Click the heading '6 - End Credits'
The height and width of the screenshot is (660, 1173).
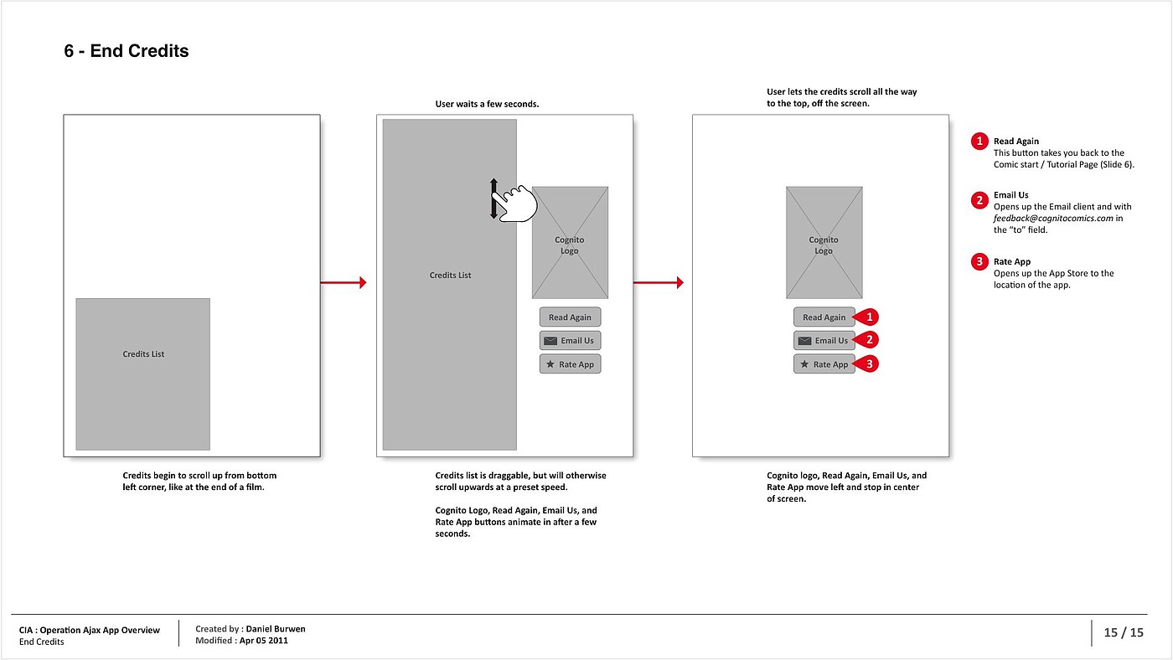pyautogui.click(x=127, y=51)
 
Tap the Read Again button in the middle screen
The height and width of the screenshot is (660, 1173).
pyautogui.click(x=570, y=317)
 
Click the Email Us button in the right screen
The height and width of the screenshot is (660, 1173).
pyautogui.click(x=824, y=340)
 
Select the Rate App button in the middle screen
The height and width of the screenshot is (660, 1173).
pyautogui.click(x=570, y=364)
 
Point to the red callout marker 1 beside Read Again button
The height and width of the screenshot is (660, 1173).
pyautogui.click(x=866, y=317)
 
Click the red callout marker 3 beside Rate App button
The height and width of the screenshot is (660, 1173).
pyautogui.click(x=866, y=364)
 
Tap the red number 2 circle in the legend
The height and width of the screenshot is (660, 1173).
pyautogui.click(x=979, y=200)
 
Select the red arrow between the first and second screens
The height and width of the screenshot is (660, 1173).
pyautogui.click(x=343, y=282)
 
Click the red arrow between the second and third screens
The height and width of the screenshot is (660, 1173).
pyautogui.click(x=659, y=282)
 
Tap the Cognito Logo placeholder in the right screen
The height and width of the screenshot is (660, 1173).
pyautogui.click(x=824, y=242)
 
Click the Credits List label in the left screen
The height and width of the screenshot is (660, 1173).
pyautogui.click(x=143, y=353)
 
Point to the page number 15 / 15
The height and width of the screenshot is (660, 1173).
pyautogui.click(x=1124, y=632)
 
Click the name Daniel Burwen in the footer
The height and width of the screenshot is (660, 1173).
pyautogui.click(x=276, y=629)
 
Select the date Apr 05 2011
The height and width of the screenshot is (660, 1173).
pyautogui.click(x=263, y=640)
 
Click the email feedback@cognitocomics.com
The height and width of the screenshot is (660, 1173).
pyautogui.click(x=1053, y=219)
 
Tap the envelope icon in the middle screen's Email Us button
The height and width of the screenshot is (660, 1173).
pyautogui.click(x=550, y=341)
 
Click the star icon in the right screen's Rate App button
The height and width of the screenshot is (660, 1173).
pyautogui.click(x=804, y=364)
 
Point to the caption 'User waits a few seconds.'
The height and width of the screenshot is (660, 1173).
pyautogui.click(x=487, y=104)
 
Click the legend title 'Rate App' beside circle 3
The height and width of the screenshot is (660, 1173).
pyautogui.click(x=1012, y=261)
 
